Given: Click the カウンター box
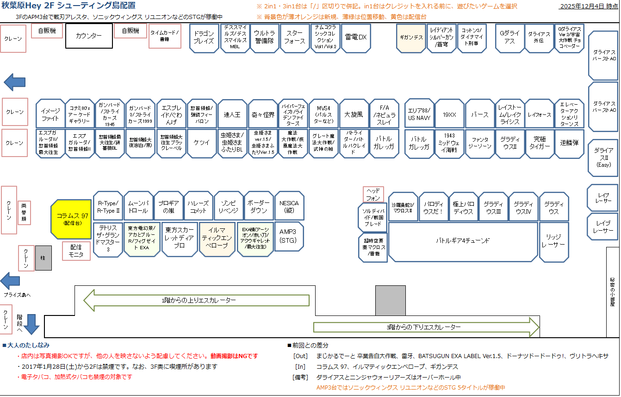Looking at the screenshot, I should tap(89, 36).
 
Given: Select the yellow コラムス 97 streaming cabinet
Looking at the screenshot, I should tap(72, 219).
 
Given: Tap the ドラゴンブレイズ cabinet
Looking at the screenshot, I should tap(204, 38).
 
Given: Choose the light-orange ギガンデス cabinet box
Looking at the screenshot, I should tap(411, 38).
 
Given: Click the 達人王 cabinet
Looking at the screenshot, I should tap(232, 113).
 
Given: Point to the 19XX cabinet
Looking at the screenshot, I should tap(449, 113).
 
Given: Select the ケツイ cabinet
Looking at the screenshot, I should tap(202, 143).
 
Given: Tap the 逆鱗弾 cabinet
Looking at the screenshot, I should tap(569, 143).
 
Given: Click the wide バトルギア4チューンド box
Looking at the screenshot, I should tap(463, 241).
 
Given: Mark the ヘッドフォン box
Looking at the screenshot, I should tap(373, 194).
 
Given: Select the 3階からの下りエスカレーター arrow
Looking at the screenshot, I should tap(426, 327).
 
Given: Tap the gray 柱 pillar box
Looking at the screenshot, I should tap(43, 258).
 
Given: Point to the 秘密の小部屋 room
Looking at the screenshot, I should tap(613, 292).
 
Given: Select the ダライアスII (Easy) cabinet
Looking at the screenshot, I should tap(603, 158).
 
